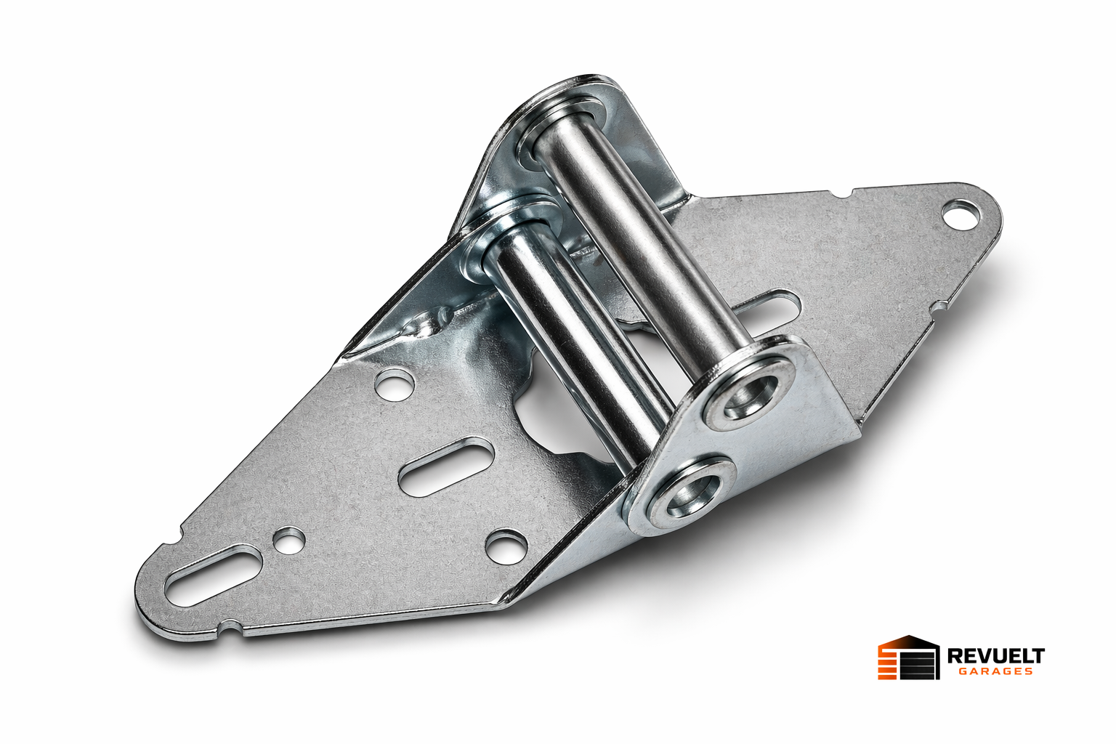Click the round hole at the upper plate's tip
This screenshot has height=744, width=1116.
960,214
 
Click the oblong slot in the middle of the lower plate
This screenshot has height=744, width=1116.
447,467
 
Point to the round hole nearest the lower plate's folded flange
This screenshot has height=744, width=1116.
506,546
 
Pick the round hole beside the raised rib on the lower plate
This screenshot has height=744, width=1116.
395,384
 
